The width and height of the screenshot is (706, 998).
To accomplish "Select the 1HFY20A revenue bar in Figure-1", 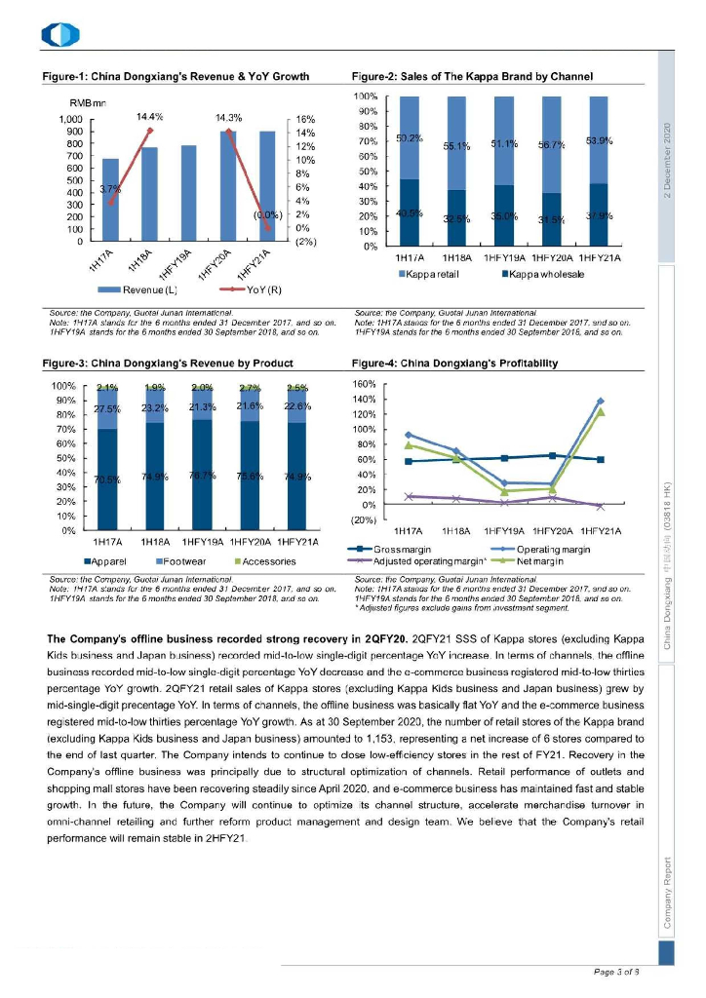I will click(227, 185).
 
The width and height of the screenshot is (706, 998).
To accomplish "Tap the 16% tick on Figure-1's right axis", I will click(304, 118).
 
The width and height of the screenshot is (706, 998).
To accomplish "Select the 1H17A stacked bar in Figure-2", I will click(410, 171).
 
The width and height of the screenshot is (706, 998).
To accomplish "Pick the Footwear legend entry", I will click(183, 561).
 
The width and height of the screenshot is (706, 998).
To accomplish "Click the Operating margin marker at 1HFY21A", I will click(600, 401).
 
